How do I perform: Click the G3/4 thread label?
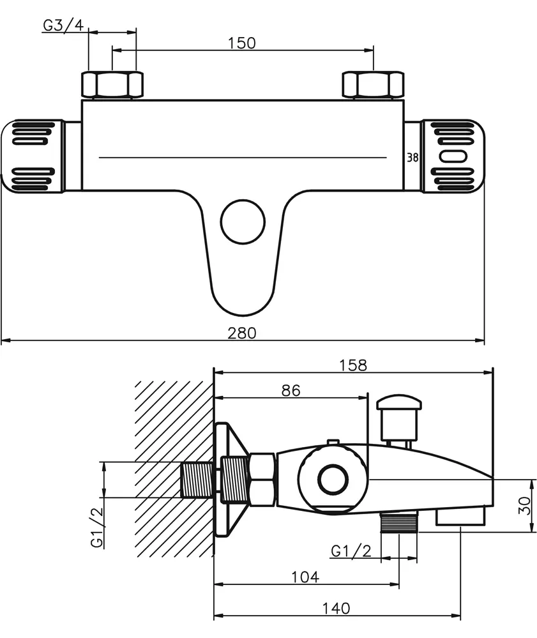pos(63,25)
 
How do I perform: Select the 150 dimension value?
pos(241,43)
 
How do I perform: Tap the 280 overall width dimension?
pos(242,333)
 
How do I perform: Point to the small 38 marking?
pos(412,158)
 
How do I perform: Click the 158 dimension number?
pos(353,365)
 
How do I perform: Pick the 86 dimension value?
pos(291,390)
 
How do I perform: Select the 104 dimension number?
pos(305,577)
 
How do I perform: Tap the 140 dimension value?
pos(336,608)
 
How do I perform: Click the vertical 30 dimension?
pos(525,505)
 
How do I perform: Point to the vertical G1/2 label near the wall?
pos(97,528)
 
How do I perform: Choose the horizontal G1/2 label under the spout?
pos(351,551)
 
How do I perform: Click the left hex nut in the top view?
pos(112,85)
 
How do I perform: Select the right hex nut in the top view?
pos(373,85)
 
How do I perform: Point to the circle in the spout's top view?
pos(243,222)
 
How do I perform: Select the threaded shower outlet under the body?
pos(399,522)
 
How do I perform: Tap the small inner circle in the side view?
pos(333,480)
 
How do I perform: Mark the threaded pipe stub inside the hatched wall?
pos(197,480)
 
